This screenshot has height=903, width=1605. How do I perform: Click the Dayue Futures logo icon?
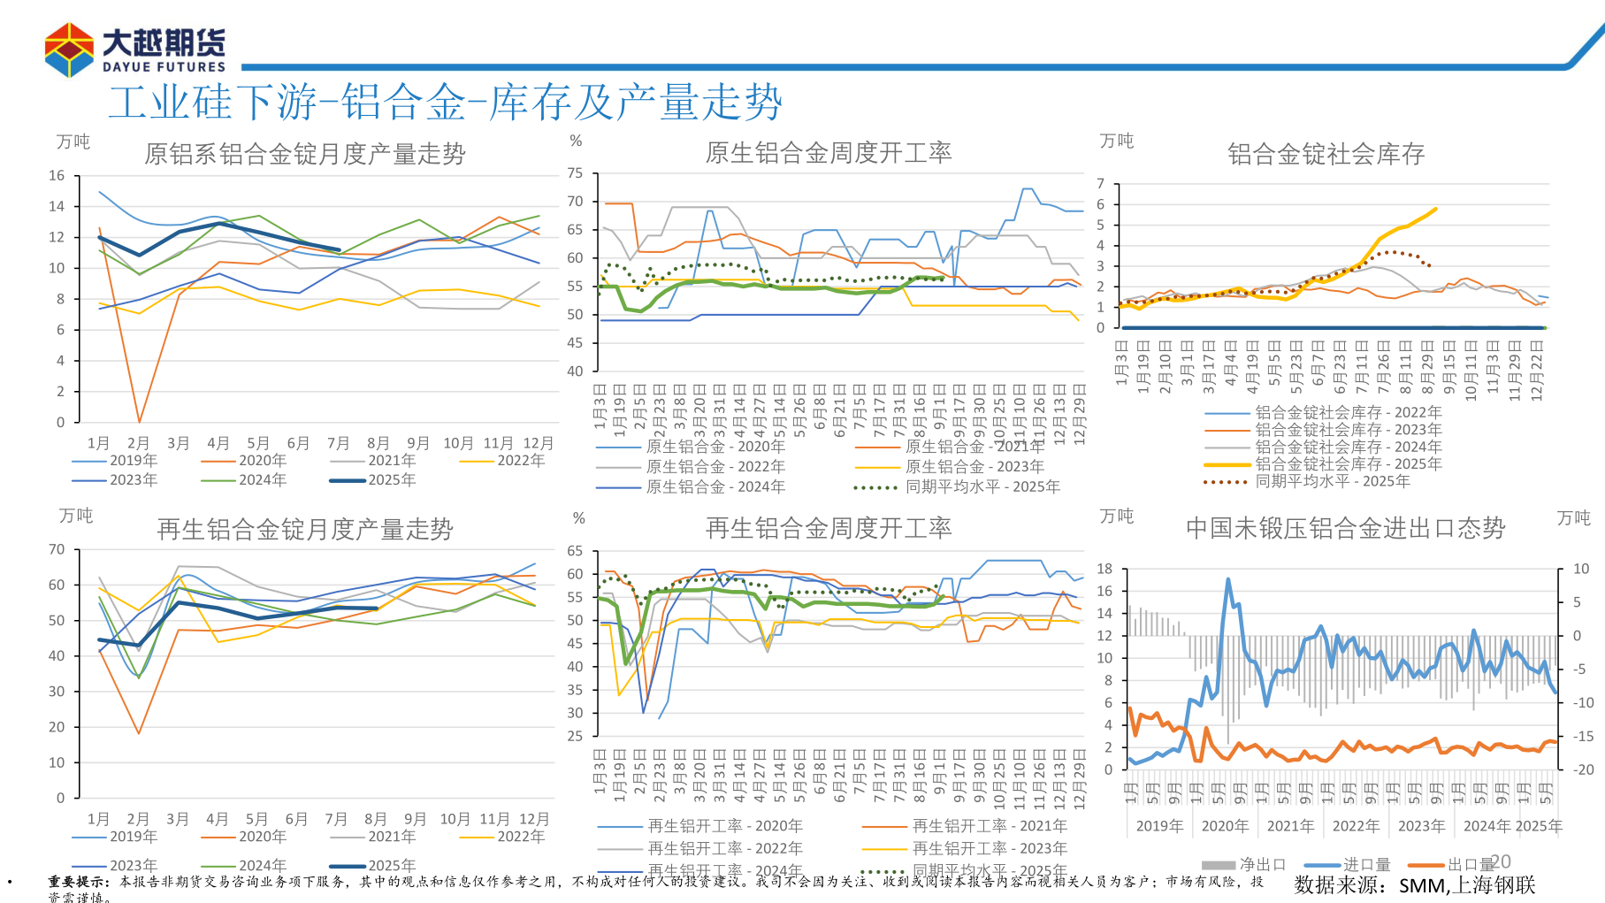coord(69,50)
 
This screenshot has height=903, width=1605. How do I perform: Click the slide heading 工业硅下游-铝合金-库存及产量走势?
coord(445,103)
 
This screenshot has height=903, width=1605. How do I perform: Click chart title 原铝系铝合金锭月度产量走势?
coord(304,154)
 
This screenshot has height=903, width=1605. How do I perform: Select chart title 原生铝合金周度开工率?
coord(828,153)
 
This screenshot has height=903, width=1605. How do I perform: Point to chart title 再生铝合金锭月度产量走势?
coord(304,529)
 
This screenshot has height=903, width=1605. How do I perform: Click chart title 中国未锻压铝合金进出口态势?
coord(1344,528)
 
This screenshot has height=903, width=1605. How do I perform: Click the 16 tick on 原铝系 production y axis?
coord(57,175)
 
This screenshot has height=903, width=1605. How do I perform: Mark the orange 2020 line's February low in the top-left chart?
coord(139,421)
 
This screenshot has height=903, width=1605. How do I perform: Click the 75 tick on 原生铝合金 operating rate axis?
coord(575,172)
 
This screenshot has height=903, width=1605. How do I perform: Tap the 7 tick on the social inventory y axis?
coord(1101,184)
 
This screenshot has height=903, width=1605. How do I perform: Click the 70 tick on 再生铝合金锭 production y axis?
coord(57,549)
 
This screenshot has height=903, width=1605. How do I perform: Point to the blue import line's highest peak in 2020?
coord(1228,579)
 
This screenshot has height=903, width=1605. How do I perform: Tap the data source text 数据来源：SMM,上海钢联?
coord(1414,884)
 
